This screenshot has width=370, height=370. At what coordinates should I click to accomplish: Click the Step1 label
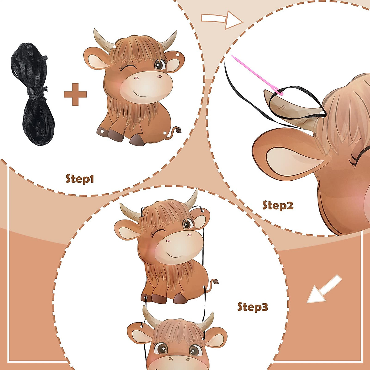[x=80, y=178]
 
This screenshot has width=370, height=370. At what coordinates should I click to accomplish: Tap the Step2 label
[x=277, y=205]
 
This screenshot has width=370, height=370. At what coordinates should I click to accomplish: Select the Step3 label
[x=253, y=306]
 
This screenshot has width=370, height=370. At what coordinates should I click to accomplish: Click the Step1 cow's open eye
[x=159, y=65]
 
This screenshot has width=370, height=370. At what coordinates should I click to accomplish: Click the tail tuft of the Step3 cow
[x=214, y=281]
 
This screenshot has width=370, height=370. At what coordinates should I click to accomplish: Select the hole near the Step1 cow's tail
[x=165, y=133]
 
